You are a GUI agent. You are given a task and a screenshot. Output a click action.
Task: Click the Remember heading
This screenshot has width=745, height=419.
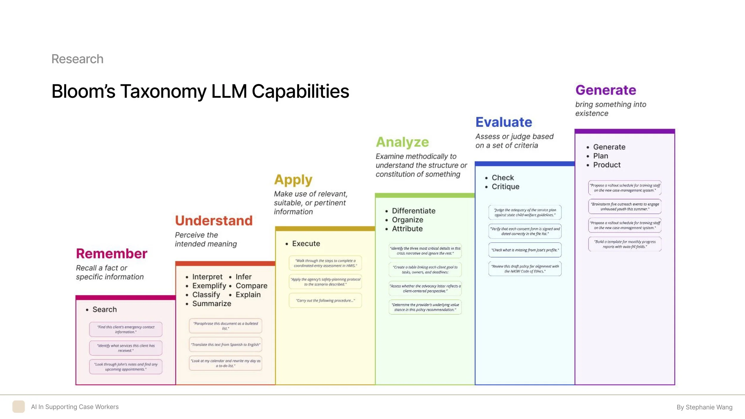pos(112,254)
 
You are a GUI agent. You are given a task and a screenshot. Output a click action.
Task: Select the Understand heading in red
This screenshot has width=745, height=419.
pos(214,221)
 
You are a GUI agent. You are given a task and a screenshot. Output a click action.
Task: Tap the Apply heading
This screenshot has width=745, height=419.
pos(293,179)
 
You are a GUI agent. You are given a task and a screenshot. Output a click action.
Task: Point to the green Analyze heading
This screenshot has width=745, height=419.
pos(402,142)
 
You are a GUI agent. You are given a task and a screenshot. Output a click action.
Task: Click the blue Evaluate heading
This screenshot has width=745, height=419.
pos(504,122)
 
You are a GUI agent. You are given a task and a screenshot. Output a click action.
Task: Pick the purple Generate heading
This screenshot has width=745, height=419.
pos(606,90)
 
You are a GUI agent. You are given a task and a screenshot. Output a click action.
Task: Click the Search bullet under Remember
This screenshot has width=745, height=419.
pos(105,309)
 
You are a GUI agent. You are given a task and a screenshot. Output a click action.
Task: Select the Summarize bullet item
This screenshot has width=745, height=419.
pos(212,303)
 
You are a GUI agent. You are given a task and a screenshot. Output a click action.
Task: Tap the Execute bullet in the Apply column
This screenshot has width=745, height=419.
pos(306,243)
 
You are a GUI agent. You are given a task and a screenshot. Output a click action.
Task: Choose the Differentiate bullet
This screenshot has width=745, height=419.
pos(414,211)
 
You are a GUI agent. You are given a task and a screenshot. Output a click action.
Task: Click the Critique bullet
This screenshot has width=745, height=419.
pos(505,187)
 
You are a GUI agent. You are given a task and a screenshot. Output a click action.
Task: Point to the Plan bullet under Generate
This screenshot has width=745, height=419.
pos(600,156)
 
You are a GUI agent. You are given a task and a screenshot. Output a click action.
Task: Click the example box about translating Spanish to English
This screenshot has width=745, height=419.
pos(226,344)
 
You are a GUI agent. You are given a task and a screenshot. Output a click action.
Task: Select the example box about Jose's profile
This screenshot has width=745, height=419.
pos(525,250)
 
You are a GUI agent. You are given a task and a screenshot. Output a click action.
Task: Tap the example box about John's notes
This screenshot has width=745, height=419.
pos(126,367)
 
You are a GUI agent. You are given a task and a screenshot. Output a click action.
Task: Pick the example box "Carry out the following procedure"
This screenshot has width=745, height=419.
pos(325,300)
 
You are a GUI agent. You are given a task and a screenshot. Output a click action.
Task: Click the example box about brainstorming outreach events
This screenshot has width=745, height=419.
pos(625,207)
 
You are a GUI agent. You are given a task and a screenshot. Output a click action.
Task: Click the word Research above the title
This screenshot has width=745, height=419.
pos(77,59)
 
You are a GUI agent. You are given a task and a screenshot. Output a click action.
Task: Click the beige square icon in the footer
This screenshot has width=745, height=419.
pos(18,407)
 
